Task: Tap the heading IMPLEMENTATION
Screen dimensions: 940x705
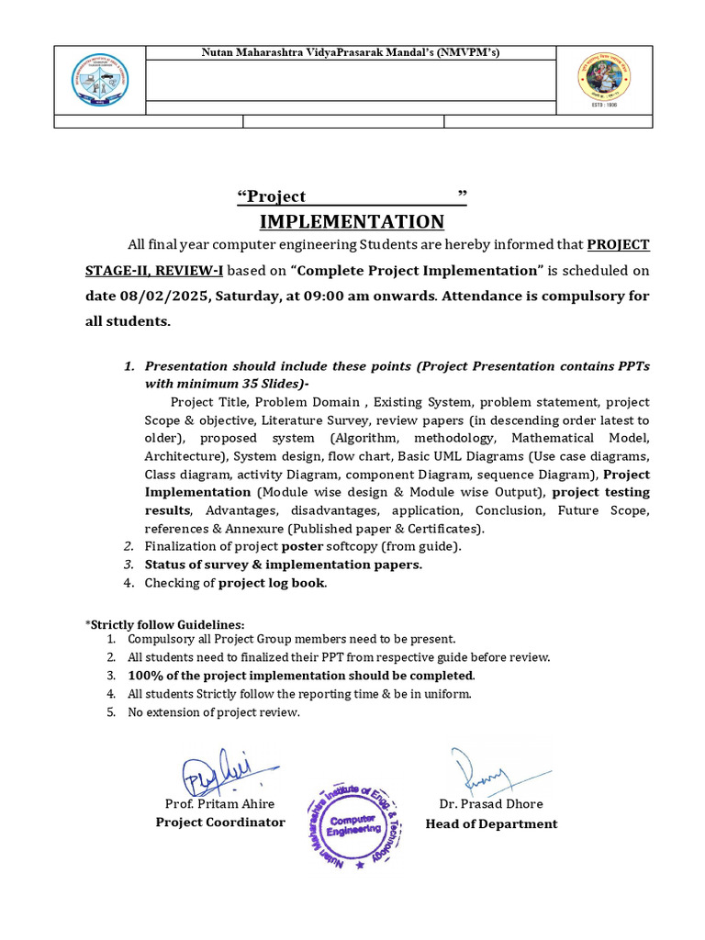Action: pyautogui.click(x=352, y=221)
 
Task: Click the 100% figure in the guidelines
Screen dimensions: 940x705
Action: pyautogui.click(x=142, y=676)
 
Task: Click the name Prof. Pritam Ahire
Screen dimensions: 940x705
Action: pyautogui.click(x=219, y=804)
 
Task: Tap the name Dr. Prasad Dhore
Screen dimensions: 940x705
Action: pyautogui.click(x=491, y=804)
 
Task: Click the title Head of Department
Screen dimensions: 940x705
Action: pyautogui.click(x=491, y=823)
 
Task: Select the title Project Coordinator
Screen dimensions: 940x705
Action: pyautogui.click(x=220, y=822)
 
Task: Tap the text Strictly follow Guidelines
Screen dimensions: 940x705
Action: pyautogui.click(x=167, y=624)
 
